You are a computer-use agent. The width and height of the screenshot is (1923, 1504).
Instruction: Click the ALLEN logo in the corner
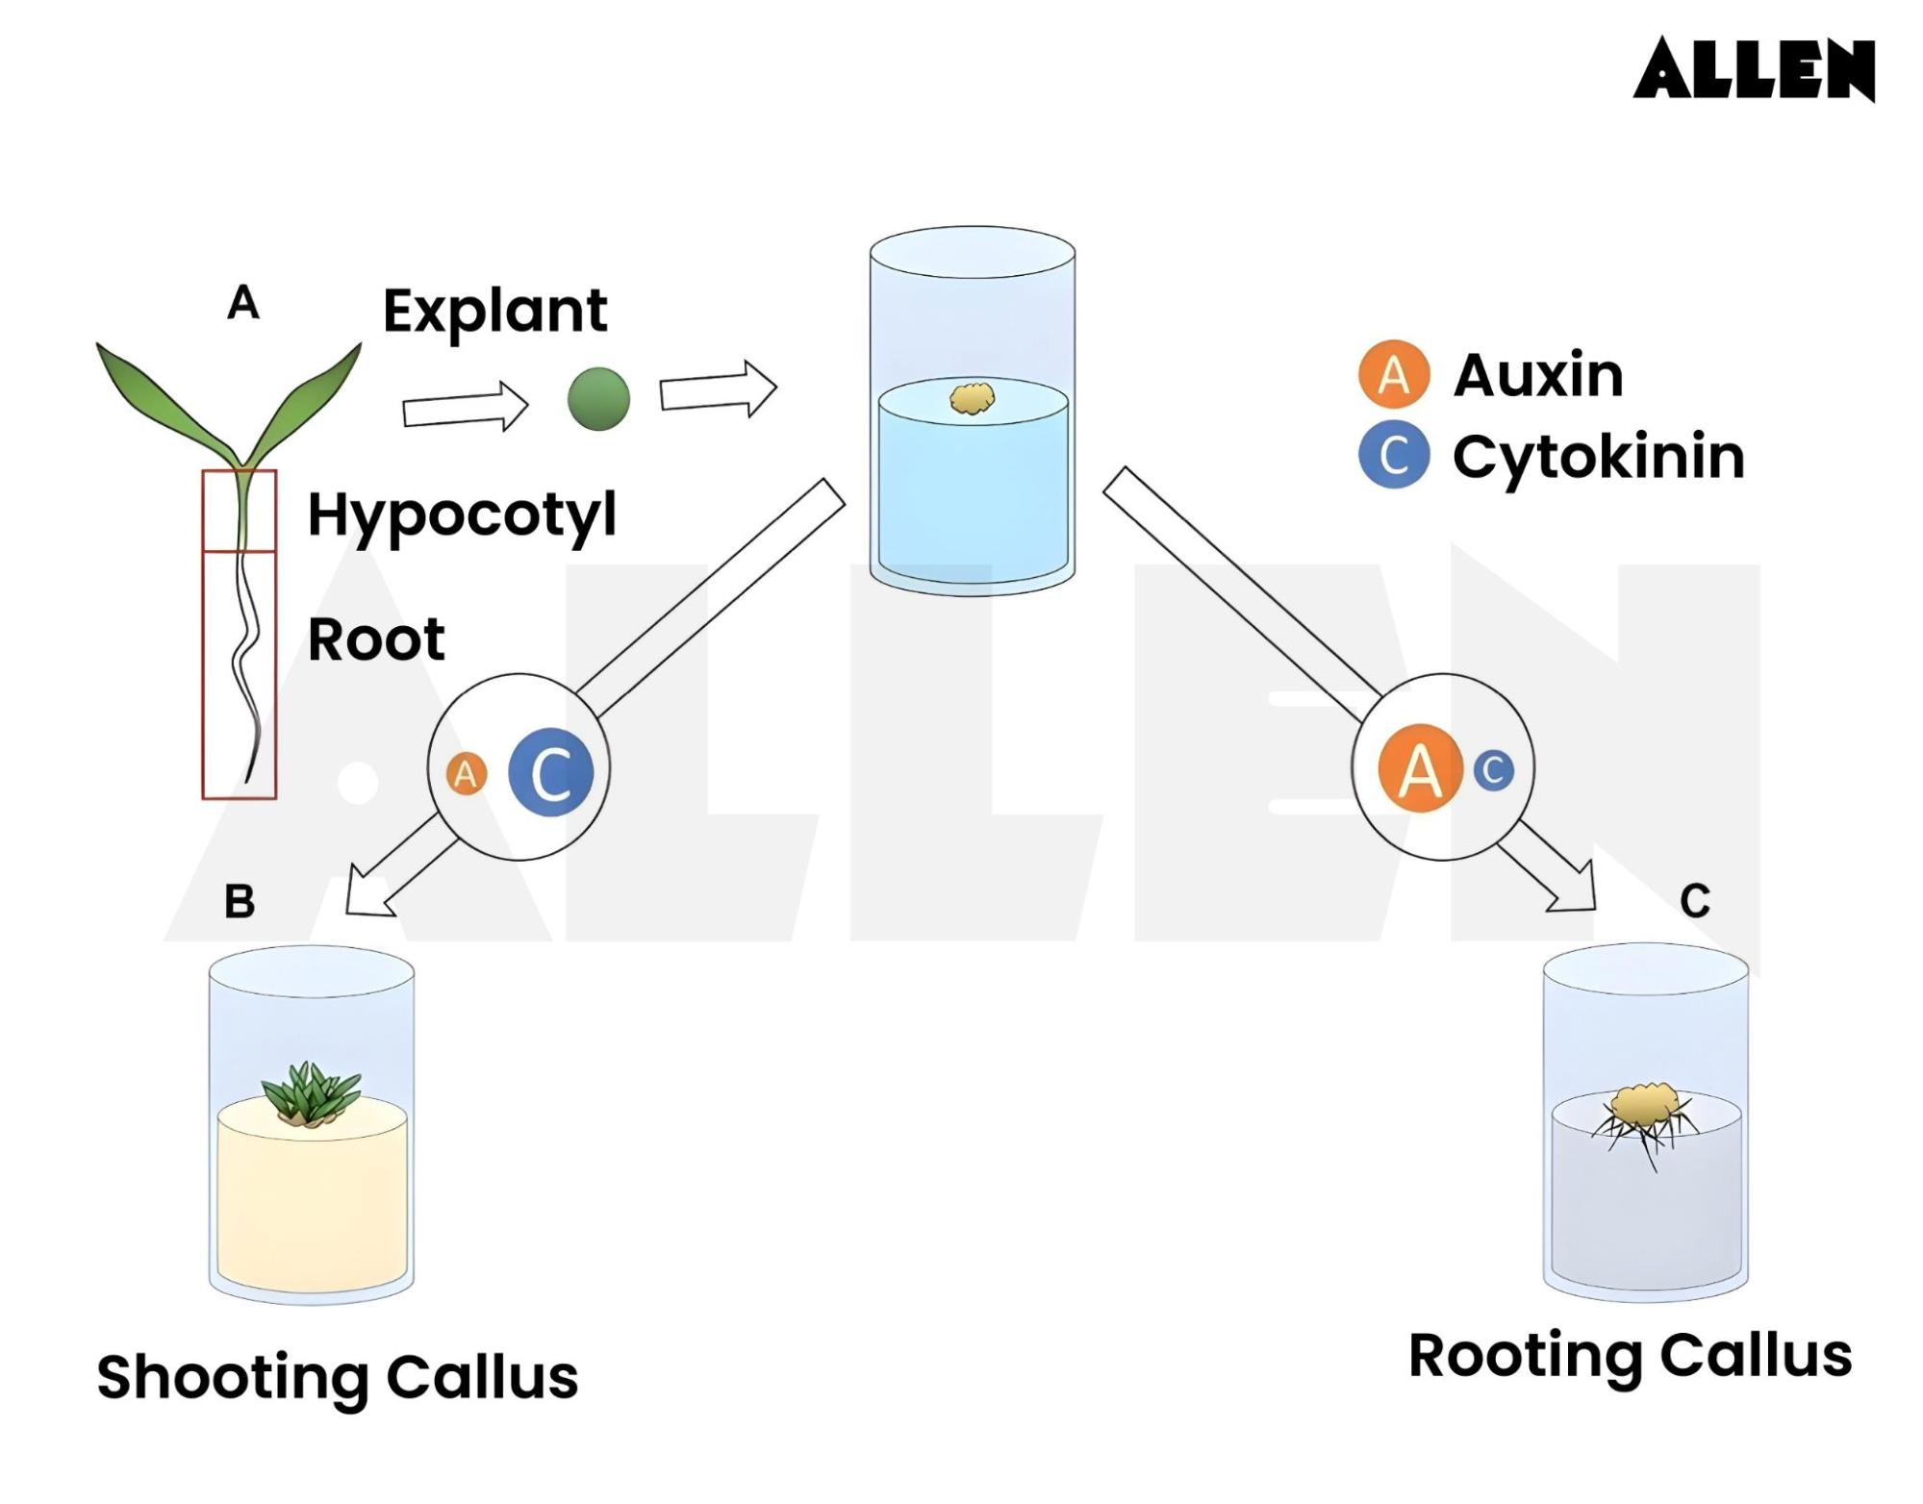click(1753, 69)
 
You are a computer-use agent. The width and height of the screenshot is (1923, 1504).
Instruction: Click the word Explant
click(494, 311)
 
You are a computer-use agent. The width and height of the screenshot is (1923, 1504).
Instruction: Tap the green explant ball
click(598, 398)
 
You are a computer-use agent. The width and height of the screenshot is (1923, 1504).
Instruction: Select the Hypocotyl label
click(462, 515)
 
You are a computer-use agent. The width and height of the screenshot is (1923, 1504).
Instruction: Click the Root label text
click(376, 639)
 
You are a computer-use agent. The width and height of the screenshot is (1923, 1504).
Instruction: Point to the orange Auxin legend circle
click(1394, 374)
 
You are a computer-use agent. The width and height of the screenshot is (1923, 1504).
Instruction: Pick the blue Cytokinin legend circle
click(1394, 455)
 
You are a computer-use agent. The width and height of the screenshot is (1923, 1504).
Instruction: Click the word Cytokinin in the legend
click(1598, 457)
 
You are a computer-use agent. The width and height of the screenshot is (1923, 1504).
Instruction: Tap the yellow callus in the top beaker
click(973, 398)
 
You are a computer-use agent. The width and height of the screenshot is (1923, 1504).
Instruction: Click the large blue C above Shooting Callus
click(550, 773)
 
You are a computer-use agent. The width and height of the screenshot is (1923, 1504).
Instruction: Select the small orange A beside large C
click(467, 774)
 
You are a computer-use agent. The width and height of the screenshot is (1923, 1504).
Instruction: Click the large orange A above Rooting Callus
click(1421, 769)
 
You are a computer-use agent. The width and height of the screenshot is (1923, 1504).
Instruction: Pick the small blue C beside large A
click(1493, 770)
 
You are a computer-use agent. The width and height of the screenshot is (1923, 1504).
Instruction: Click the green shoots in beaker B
click(310, 1094)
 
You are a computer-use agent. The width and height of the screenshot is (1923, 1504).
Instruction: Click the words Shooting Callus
click(338, 1377)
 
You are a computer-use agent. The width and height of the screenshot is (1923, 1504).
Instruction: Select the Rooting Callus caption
click(1630, 1356)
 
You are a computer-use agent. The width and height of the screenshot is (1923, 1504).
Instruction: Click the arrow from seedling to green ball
click(465, 407)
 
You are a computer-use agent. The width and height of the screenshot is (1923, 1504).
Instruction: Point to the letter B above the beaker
click(240, 902)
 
